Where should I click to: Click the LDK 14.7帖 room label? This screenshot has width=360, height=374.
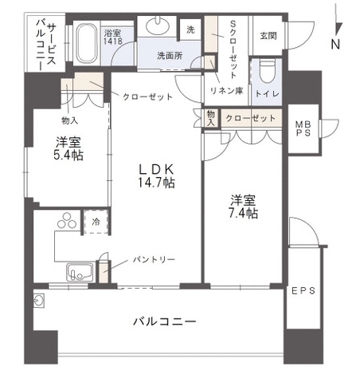point(156,176)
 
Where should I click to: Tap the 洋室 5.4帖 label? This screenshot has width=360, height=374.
point(68,148)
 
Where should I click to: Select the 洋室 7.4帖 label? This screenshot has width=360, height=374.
point(243,207)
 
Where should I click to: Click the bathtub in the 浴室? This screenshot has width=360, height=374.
point(86,44)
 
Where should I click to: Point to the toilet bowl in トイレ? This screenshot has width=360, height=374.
point(267,71)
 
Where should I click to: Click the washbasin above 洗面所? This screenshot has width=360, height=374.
point(158,26)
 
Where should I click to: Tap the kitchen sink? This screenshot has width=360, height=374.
point(80,272)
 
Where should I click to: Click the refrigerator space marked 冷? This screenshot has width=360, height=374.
point(96,222)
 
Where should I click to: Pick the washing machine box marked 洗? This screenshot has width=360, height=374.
point(190,30)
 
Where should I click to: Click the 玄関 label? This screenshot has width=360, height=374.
point(268,36)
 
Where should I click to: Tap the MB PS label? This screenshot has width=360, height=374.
point(303,128)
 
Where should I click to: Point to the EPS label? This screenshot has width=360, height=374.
point(303,291)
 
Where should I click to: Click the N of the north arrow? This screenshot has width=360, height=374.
point(335,44)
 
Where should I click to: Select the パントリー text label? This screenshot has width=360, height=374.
point(154,259)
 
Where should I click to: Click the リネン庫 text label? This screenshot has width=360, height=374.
point(226,91)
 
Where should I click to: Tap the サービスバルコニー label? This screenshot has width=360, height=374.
point(45,45)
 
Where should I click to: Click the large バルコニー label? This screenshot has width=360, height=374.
point(165,321)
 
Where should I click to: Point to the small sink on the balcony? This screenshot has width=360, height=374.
point(39,301)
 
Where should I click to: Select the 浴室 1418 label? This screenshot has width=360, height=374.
point(113,37)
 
